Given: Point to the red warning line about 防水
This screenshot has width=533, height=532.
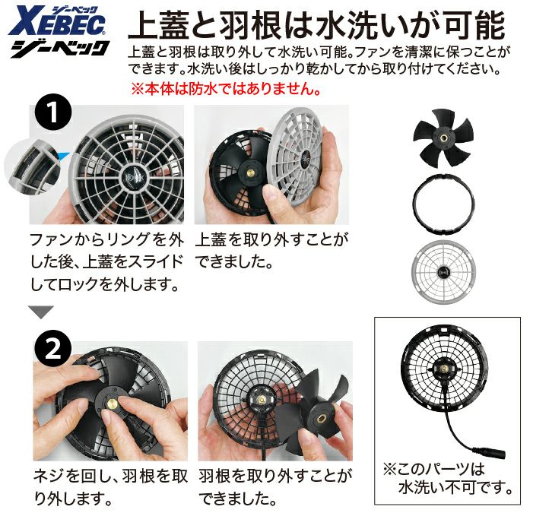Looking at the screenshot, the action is pos(226,89).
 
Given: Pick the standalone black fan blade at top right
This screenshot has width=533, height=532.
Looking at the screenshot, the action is pos(443,138).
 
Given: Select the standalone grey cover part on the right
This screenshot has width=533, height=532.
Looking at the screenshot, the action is pos(443,272).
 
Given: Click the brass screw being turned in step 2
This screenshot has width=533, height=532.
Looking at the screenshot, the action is pos(112,404).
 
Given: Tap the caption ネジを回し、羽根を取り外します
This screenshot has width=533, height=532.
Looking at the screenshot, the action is pos(110,487).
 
